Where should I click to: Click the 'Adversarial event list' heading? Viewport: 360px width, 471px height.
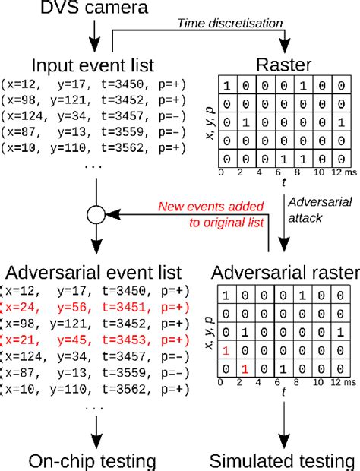tap(93, 272)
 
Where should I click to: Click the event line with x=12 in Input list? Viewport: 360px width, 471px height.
tap(93, 82)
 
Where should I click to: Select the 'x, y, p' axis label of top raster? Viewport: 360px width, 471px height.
tap(209, 122)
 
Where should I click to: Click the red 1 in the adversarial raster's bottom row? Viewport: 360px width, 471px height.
tap(245, 368)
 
